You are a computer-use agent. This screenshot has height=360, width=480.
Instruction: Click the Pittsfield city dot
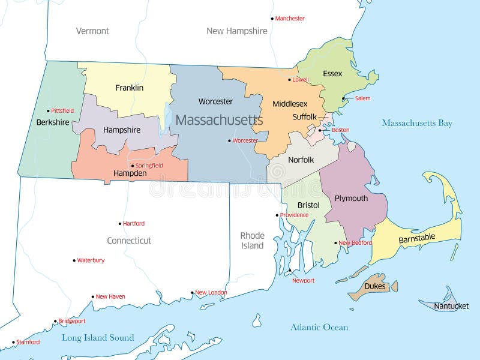coord(48,110)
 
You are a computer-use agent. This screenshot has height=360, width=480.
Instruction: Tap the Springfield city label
coord(149,166)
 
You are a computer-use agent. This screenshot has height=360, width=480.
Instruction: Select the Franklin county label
coord(129,88)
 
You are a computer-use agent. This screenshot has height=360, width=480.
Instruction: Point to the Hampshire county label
coord(121,130)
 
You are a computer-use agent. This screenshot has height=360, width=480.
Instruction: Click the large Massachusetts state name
coord(219,120)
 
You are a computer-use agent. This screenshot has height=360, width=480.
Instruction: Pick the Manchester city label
coord(290,19)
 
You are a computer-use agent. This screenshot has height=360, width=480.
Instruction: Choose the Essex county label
coord(332,74)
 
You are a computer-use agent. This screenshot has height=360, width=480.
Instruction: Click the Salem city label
coord(362,98)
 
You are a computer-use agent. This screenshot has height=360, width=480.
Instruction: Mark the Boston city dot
coord(320,130)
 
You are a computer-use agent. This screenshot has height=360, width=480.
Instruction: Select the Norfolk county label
coord(301,160)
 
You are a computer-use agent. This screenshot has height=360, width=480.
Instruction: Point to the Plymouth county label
coord(351,199)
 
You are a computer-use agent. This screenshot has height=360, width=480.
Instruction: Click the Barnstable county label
coord(416,238)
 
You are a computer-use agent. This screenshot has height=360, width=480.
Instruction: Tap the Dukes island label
coord(375,286)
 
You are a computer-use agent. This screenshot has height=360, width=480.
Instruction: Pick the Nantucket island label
coord(451,306)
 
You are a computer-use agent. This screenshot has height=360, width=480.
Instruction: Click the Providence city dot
coord(277,215)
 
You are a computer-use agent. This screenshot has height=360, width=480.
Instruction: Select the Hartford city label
coord(134,224)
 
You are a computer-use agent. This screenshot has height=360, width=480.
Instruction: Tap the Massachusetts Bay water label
coord(417,124)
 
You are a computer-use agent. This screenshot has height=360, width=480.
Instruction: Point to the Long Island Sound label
coord(98,338)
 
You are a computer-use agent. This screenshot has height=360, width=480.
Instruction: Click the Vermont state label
coord(92,31)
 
